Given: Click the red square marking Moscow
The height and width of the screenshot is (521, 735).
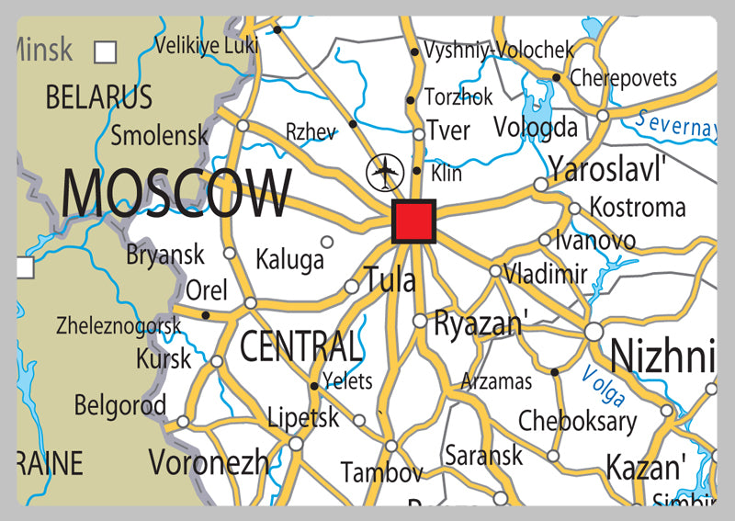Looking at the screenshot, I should [413, 221].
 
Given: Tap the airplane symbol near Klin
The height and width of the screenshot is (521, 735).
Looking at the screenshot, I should [385, 172].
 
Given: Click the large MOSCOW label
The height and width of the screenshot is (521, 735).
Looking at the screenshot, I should [175, 194].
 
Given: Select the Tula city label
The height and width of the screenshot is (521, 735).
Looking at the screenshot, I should [390, 278].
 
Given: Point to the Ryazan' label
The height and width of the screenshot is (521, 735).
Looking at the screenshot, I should [481, 323].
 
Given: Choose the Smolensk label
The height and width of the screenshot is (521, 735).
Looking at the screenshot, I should [159, 136].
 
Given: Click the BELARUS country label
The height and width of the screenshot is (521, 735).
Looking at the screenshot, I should [98, 96].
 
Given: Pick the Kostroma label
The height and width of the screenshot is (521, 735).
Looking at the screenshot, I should [637, 207].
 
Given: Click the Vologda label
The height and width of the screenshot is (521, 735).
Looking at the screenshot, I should [536, 127].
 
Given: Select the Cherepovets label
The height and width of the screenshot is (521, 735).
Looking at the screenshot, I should [623, 78].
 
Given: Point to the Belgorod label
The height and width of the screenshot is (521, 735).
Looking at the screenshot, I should [119, 404].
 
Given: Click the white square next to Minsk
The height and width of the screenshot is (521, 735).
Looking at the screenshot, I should [106, 51].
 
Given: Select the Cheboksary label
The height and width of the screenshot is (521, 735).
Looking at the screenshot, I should [577, 421].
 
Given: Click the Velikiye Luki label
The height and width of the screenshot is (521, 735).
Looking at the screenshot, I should [206, 43].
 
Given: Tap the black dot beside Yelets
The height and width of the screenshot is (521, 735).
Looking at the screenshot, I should [314, 386].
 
